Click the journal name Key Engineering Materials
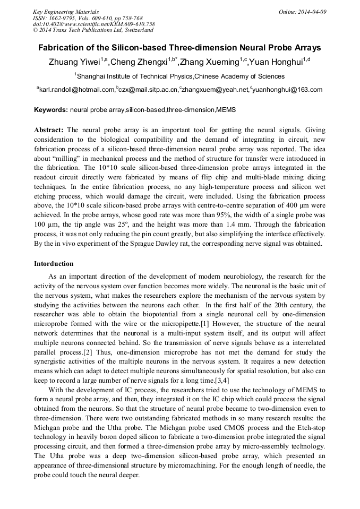(66, 12)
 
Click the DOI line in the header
(94, 24)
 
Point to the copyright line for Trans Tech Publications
(93, 30)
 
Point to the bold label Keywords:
(51, 110)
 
